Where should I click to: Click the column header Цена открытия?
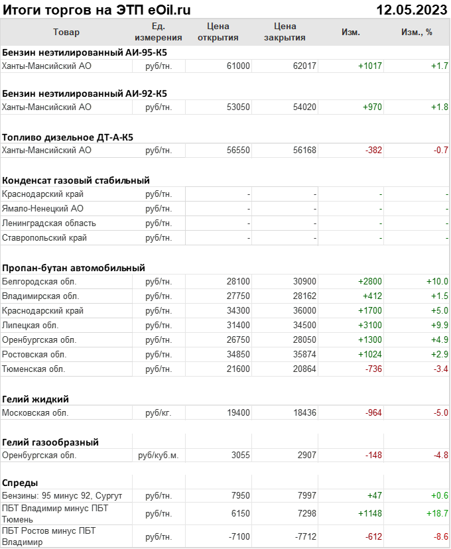click(x=218, y=32)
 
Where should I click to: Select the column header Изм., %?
click(x=417, y=32)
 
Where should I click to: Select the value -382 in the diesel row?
click(x=373, y=151)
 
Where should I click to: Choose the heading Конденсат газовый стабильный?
click(x=76, y=180)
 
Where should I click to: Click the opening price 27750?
click(x=237, y=296)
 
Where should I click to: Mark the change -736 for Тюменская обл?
click(x=372, y=369)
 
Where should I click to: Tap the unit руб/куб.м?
click(x=158, y=456)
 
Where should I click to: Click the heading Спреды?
click(x=20, y=483)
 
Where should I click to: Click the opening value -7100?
click(x=238, y=536)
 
